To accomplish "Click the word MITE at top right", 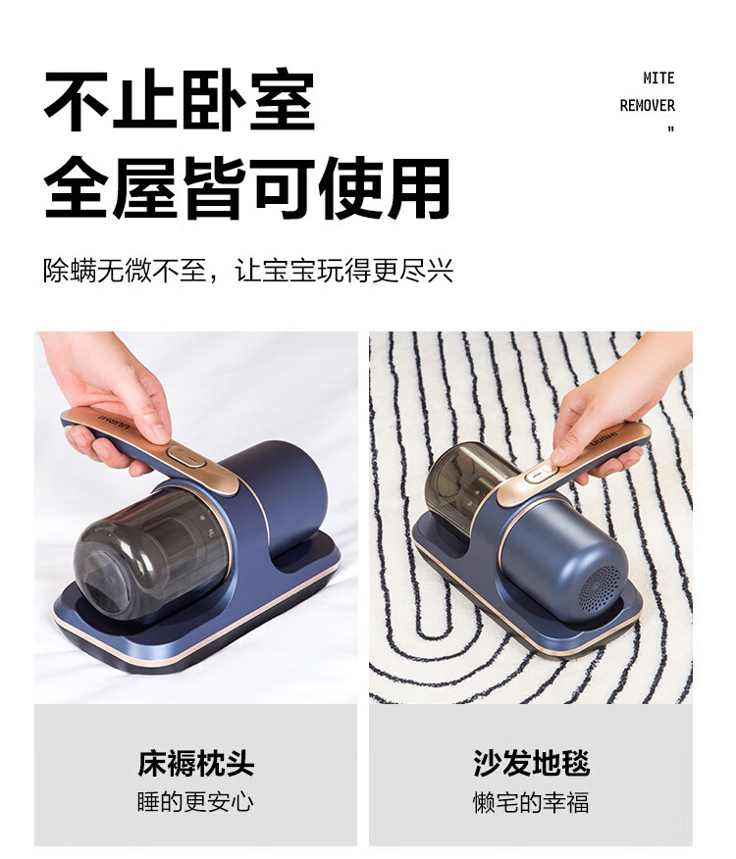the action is point(658,78).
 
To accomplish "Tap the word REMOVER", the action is point(647,105).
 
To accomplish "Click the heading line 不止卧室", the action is point(180,100).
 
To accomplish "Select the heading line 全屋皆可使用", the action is point(246,188).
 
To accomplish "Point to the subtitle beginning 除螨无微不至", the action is point(248,270).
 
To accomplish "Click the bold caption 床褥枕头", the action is point(196,763).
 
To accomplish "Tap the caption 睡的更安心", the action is point(195,802).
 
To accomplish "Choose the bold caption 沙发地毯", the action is point(532,763).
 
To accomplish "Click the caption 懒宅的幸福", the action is point(531,802).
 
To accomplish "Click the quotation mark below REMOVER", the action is point(670,129).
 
